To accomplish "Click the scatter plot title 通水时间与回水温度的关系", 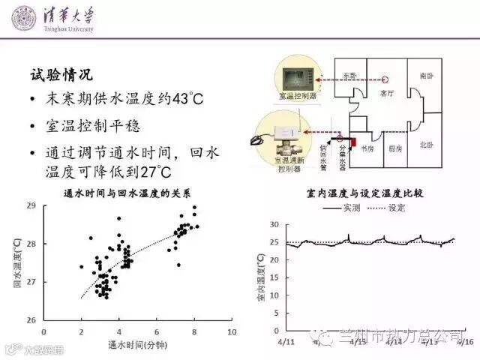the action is (x=124, y=194).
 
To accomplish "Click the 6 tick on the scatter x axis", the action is (x=157, y=331).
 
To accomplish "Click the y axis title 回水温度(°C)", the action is (x=17, y=262).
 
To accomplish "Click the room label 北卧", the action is (x=427, y=144).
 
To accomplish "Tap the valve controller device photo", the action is (x=283, y=136).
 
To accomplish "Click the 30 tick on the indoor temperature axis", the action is (x=274, y=225).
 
